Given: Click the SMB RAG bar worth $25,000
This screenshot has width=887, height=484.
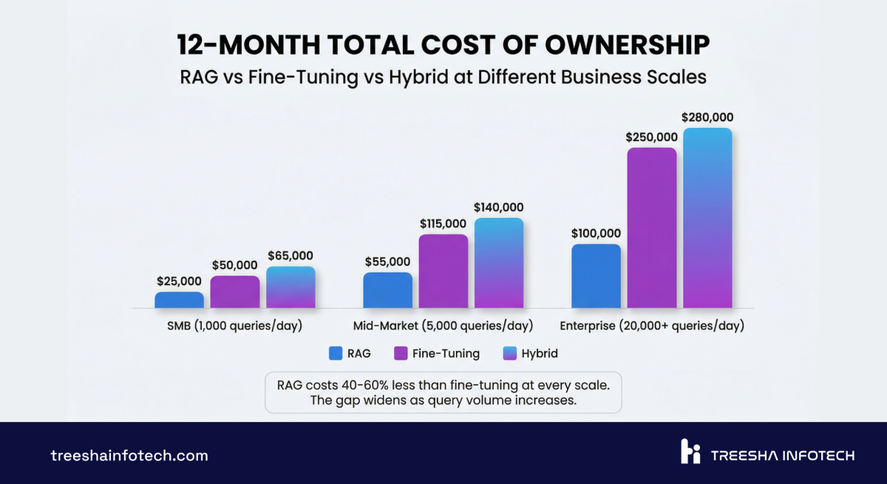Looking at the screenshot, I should click(179, 300).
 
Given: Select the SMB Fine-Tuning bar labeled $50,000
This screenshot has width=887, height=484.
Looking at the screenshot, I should click(234, 292).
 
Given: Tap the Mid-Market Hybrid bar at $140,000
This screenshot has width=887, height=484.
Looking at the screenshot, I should click(499, 263).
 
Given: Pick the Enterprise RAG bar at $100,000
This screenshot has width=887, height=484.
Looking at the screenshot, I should click(596, 276).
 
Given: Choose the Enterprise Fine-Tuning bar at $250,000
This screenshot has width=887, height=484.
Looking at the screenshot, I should click(652, 228).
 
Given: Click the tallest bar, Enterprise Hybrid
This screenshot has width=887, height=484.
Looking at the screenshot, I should click(707, 218).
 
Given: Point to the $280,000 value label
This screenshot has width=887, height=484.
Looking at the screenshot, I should click(707, 117).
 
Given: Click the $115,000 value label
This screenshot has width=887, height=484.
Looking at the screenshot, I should click(443, 223).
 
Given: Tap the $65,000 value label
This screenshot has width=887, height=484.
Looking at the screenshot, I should click(290, 256).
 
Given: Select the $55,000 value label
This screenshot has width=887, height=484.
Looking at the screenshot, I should click(387, 262).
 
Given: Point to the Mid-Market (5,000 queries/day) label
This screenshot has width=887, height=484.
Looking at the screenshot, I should click(443, 326).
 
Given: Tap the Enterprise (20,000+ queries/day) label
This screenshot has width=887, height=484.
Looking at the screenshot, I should click(652, 326).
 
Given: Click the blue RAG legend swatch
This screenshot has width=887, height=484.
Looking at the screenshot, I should click(336, 353).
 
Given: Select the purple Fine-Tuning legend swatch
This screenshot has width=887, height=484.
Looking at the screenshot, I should click(401, 353).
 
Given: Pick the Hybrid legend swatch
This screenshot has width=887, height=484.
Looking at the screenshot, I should click(509, 353).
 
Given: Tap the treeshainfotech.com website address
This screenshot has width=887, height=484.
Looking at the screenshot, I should click(129, 455).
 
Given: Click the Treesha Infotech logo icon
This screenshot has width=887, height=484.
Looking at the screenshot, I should click(690, 451).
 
